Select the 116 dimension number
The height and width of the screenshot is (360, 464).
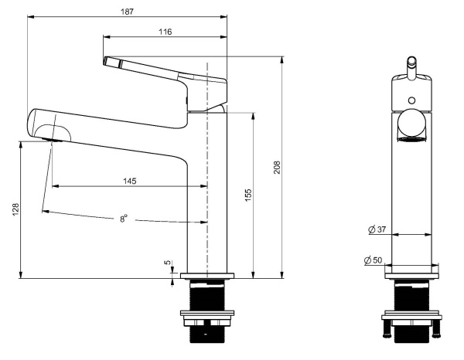click(164, 32)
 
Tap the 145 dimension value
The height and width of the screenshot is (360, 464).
click(129, 181)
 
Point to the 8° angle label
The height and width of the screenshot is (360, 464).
click(124, 219)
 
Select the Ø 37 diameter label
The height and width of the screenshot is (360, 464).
click(377, 229)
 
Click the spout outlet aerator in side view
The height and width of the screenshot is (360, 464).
click(53, 140)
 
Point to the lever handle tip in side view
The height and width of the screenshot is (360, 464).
click(106, 61)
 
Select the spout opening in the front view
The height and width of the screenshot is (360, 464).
click(411, 127)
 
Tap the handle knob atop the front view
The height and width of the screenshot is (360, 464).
click(411, 59)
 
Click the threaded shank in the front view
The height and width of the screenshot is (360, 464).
click(411, 295)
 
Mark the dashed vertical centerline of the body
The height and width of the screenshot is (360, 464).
click(207, 155)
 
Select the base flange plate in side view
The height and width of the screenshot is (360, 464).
click(206, 274)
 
